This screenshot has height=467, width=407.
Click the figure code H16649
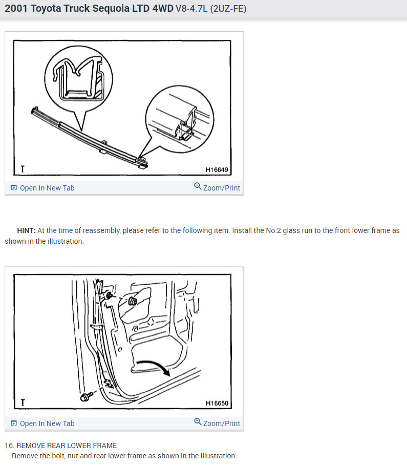[217, 169]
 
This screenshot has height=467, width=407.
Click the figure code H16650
[217, 403]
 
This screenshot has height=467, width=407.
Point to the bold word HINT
[26, 231]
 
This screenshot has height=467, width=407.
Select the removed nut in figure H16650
[132, 301]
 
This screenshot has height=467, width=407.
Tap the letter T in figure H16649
[23, 169]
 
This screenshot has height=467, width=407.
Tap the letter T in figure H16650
[23, 403]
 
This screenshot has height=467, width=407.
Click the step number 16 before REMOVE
[8, 445]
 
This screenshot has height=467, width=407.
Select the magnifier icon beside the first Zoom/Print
[198, 187]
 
